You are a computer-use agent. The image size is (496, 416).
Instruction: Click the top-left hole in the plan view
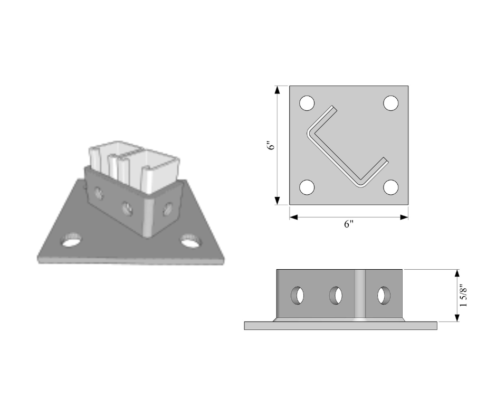[307, 103]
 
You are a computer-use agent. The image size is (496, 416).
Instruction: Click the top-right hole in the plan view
[391, 103]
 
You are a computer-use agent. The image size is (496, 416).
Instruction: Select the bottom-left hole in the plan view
[307, 187]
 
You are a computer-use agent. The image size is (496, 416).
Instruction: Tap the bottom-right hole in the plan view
[391, 187]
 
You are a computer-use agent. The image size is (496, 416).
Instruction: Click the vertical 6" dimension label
[271, 146]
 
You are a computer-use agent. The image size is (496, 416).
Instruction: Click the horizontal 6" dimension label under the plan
[349, 224]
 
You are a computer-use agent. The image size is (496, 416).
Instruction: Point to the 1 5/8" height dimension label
[463, 296]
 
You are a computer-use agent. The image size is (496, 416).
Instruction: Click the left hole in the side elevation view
[298, 296]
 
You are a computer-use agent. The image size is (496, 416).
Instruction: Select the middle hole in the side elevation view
[336, 296]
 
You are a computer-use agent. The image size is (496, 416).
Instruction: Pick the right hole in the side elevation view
[384, 296]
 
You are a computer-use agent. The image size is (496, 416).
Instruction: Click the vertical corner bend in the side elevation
[360, 295]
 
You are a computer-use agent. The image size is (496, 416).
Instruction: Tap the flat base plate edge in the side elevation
[341, 326]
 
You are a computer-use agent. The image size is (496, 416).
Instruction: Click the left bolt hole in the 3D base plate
[71, 241]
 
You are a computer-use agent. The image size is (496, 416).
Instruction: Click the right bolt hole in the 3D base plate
[191, 241]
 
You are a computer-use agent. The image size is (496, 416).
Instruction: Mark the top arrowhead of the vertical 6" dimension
[278, 90]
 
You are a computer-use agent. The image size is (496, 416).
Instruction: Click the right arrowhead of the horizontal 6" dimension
[404, 217]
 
